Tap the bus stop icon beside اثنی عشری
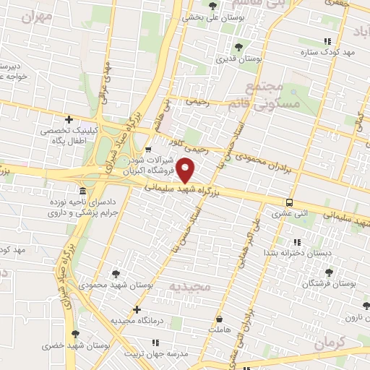point(290,202)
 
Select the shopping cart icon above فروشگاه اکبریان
point(148,149)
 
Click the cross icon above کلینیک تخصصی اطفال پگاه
point(69,119)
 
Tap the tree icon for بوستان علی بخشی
point(212,7)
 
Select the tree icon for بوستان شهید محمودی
point(116,274)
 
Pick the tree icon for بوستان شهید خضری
point(75,334)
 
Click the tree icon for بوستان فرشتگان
point(330,273)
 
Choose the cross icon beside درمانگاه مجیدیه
point(137,309)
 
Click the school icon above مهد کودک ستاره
point(329,41)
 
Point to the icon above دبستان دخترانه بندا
point(296,242)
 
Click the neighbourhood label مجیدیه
point(189,288)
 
